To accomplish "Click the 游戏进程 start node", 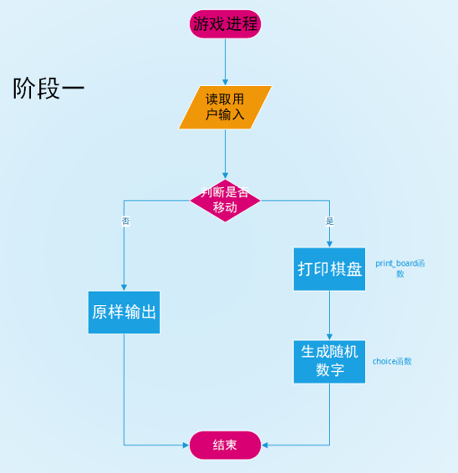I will point(225,23).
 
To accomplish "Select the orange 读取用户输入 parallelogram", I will point(225,107).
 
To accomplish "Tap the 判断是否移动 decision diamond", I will point(225,200).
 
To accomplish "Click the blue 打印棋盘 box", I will point(329,269).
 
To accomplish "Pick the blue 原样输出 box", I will point(124,312).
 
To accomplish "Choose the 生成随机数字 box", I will point(329,361).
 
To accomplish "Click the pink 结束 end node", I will point(225,445).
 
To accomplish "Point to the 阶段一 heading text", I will point(48,89).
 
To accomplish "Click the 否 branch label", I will point(125,221).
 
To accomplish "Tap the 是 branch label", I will point(329,221).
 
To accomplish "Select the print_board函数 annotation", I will point(399,268).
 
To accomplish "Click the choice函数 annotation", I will point(392,362).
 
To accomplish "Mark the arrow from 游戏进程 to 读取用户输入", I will point(225,60).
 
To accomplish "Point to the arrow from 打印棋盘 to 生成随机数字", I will point(329,314).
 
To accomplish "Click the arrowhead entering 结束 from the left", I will point(186,445).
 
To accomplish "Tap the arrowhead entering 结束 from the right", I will point(265,445).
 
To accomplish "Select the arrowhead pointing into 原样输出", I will point(124,287).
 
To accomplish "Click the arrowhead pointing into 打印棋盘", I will point(329,244).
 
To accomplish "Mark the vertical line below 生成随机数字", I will point(329,414).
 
